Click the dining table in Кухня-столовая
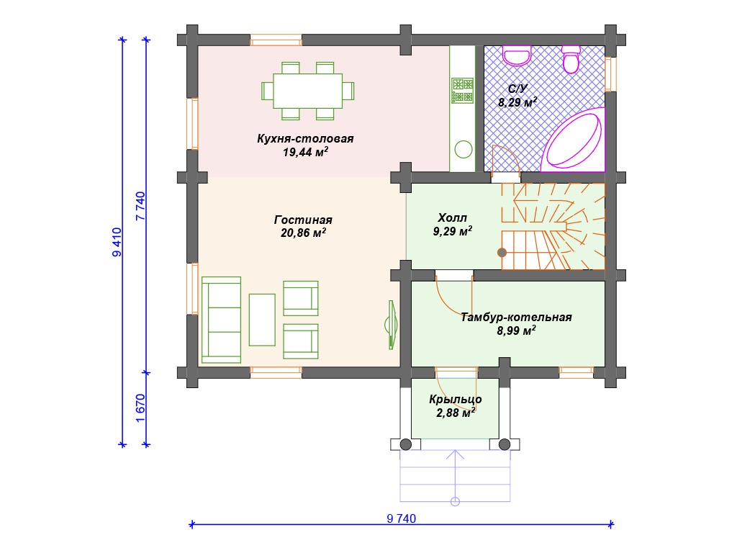click(308, 91)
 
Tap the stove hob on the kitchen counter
click(463, 91)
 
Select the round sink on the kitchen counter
click(464, 150)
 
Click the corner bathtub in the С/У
click(574, 140)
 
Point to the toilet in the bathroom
click(571, 59)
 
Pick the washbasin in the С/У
click(517, 55)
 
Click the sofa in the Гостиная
click(222, 320)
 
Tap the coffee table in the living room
click(262, 320)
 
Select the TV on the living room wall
click(391, 325)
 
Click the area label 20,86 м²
click(303, 233)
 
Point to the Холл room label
click(452, 217)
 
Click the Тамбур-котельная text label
click(516, 318)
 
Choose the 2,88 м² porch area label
click(456, 413)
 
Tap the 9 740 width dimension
click(402, 518)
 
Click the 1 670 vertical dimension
click(140, 408)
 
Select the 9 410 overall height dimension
click(117, 242)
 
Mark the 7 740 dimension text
click(140, 206)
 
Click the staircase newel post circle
click(502, 253)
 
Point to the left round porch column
click(406, 444)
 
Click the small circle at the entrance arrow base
click(455, 501)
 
